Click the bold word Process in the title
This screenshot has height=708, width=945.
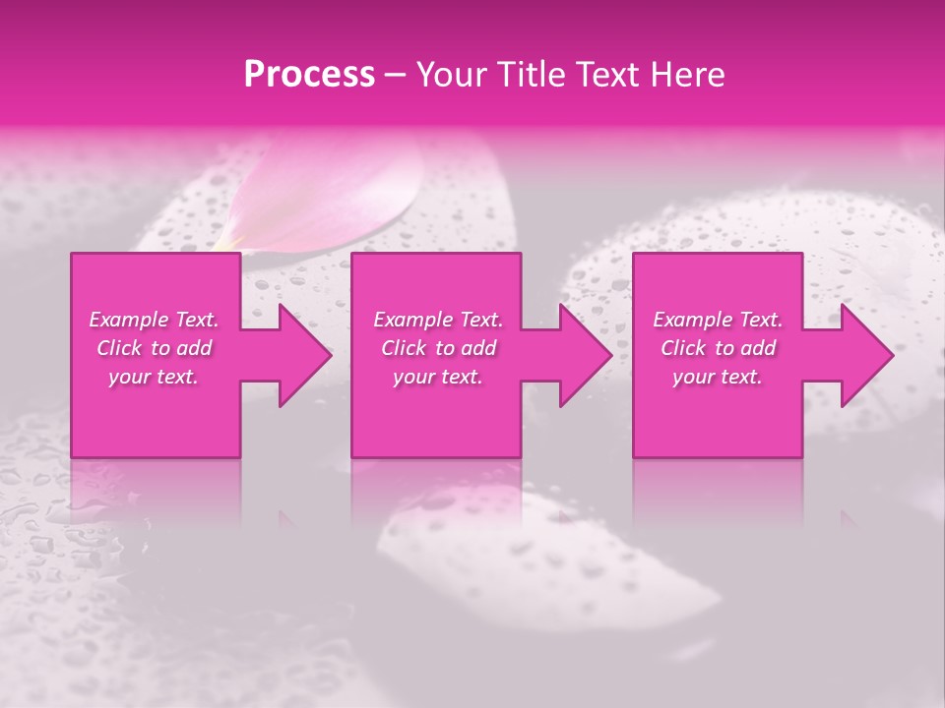pyautogui.click(x=309, y=75)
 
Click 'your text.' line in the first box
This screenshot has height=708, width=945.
pyautogui.click(x=154, y=377)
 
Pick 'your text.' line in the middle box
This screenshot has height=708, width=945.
pyautogui.click(x=438, y=377)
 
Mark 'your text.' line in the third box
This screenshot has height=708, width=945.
pyautogui.click(x=718, y=377)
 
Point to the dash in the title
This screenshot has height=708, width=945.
pyautogui.click(x=395, y=75)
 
